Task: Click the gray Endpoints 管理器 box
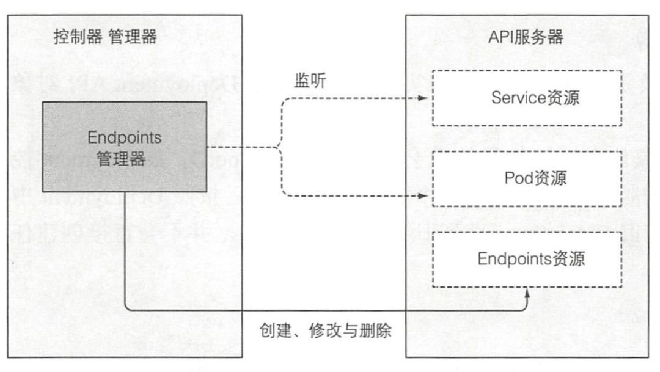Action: coord(124,146)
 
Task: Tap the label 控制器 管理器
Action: coord(105,38)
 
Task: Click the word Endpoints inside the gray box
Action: coord(124,137)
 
